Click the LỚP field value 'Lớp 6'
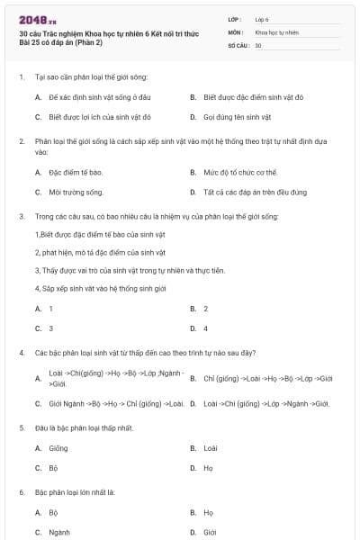[x=263, y=18]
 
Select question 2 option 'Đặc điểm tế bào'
[x=76, y=172]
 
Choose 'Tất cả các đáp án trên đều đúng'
[x=256, y=192]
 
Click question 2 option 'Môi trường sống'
[x=76, y=192]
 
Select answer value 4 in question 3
[x=205, y=328]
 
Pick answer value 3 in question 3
[x=50, y=328]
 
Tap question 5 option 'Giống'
[x=58, y=447]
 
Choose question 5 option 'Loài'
[x=211, y=447]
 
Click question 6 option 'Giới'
[x=210, y=533]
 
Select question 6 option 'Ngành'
[x=59, y=533]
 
